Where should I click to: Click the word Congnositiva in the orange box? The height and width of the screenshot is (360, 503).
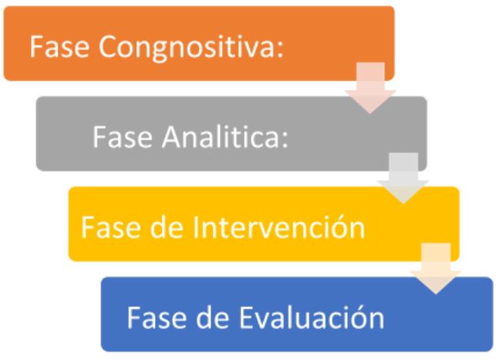click(x=188, y=48)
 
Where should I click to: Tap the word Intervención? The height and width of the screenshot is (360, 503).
click(x=279, y=226)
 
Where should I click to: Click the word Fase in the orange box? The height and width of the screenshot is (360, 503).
click(x=59, y=47)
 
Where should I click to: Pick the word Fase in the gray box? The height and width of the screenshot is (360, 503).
click(x=122, y=137)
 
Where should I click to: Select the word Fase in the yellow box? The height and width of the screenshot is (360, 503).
click(x=110, y=227)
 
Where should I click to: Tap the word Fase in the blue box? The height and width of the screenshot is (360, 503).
click(x=157, y=318)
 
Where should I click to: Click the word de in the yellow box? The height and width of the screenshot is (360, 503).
click(x=167, y=227)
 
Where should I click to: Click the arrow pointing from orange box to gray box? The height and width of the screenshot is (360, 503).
click(x=370, y=88)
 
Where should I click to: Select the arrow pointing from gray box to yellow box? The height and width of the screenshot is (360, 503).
click(x=403, y=178)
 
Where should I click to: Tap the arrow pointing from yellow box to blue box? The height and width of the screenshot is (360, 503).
click(x=436, y=268)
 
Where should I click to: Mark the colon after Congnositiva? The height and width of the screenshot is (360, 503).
click(x=280, y=50)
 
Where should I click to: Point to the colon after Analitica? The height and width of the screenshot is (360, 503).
click(x=285, y=141)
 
